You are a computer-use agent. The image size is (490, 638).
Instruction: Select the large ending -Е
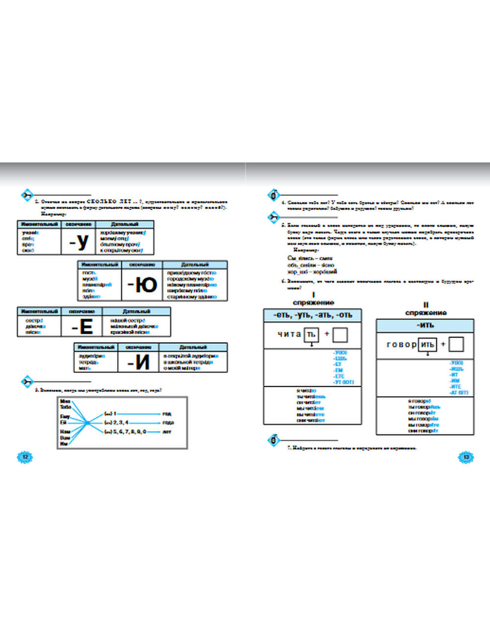pyautogui.click(x=82, y=326)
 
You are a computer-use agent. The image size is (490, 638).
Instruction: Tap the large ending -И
pyautogui.click(x=139, y=362)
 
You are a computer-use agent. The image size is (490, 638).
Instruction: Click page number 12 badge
pyautogui.click(x=25, y=457)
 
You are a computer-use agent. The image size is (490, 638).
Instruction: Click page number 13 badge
pyautogui.click(x=466, y=457)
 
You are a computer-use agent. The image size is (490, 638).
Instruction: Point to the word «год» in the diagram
pyautogui.click(x=167, y=414)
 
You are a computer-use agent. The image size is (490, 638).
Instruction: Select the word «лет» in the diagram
pyautogui.click(x=167, y=432)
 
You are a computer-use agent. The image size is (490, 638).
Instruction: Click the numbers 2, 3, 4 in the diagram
pyautogui.click(x=118, y=423)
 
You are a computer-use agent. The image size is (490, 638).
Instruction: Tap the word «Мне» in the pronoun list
pyautogui.click(x=65, y=401)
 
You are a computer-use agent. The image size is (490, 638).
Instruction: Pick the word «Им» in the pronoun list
pyautogui.click(x=64, y=444)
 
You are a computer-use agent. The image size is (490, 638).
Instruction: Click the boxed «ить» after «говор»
pyautogui.click(x=427, y=345)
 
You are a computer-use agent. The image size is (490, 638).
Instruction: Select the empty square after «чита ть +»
pyautogui.click(x=340, y=335)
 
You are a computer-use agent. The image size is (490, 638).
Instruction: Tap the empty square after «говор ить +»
pyautogui.click(x=456, y=345)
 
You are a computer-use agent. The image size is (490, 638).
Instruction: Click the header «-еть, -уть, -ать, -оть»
pyautogui.click(x=313, y=315)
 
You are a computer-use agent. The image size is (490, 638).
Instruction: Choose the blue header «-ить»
pyautogui.click(x=425, y=325)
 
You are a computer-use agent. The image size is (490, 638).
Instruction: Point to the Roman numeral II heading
pyautogui.click(x=425, y=305)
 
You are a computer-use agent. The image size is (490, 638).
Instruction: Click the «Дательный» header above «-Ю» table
pyautogui.click(x=195, y=265)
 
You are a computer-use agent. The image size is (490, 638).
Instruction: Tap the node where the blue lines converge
pyautogui.click(x=87, y=422)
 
